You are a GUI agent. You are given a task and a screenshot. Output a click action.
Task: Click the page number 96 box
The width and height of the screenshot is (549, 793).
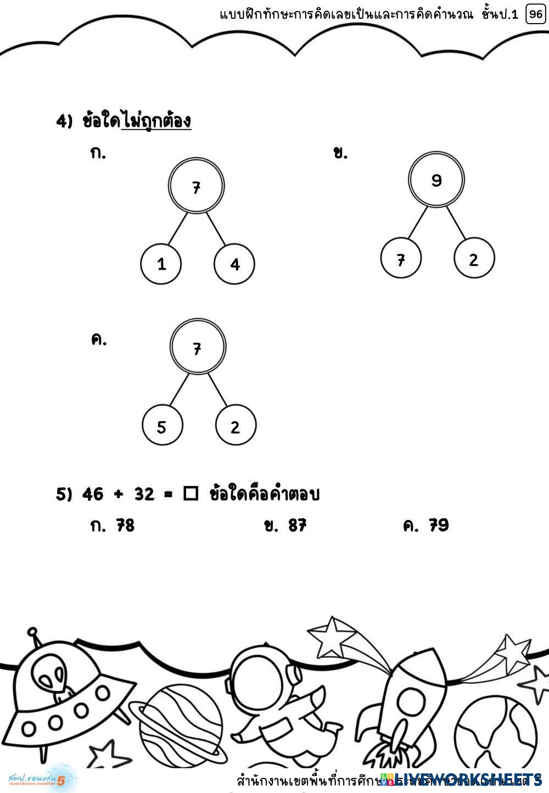535,14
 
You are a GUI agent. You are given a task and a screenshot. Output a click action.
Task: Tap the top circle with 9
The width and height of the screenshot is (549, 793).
436,180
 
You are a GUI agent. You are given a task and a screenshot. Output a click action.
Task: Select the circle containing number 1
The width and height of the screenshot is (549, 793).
161,264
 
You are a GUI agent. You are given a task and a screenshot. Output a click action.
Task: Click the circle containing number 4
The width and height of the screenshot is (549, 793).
234,264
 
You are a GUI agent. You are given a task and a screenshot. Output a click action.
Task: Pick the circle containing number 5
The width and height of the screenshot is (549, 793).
162,427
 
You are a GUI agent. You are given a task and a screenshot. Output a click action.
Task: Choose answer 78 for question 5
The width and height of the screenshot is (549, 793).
125,526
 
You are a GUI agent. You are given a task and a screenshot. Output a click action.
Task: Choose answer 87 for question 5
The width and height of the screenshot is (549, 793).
297,526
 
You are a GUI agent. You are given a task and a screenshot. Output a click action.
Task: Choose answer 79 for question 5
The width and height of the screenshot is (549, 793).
439,526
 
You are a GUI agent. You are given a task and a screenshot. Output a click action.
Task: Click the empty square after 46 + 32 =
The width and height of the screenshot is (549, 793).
191,494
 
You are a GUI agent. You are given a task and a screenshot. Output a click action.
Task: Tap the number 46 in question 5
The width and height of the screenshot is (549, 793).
93,494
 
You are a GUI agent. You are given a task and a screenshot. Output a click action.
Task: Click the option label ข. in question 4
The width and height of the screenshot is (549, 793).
340,153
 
